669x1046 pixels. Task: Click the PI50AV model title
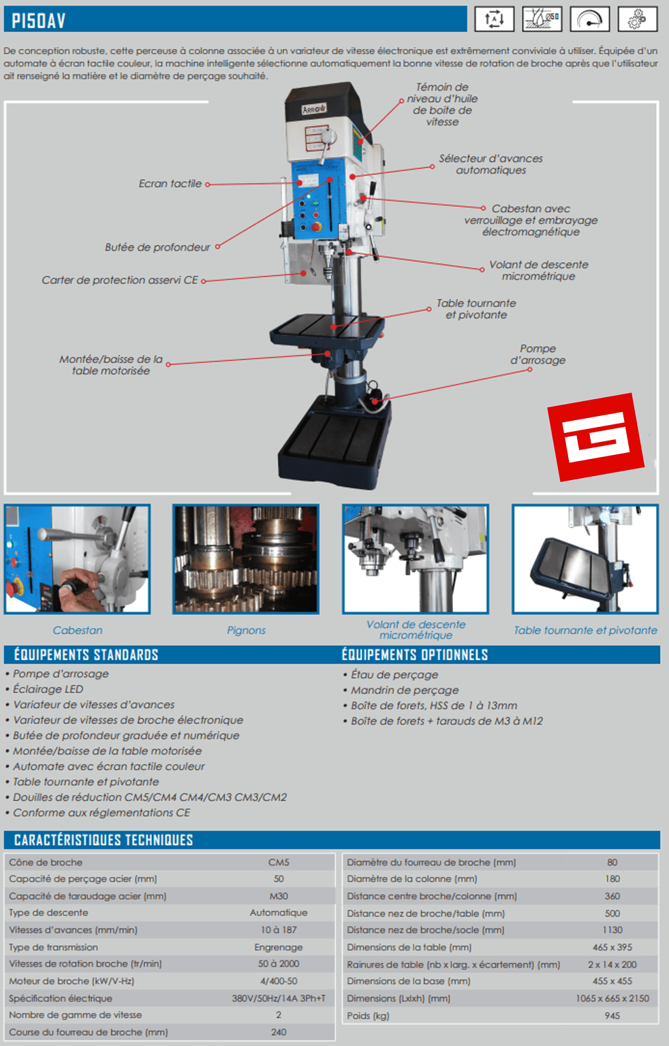(38, 20)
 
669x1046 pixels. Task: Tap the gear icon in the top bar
(637, 19)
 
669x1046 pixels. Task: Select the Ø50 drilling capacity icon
(542, 19)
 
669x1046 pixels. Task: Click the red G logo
(595, 437)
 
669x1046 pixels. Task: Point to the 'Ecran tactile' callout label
(170, 183)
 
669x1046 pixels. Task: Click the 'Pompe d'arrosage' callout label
(538, 354)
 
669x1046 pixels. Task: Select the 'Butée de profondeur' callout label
(157, 247)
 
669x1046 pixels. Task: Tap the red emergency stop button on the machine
(316, 227)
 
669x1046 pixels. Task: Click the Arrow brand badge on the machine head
(314, 109)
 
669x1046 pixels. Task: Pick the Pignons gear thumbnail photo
(246, 559)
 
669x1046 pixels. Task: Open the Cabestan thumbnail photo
(77, 559)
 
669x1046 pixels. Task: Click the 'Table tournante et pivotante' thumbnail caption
(585, 631)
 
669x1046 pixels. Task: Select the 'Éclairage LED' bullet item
(48, 689)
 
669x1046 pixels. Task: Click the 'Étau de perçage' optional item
(394, 675)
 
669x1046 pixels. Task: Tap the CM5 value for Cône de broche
(279, 863)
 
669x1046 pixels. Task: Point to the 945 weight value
(612, 1015)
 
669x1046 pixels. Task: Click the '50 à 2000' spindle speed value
(279, 964)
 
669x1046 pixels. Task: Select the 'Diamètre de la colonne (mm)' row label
(411, 879)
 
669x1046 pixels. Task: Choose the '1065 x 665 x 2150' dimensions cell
(612, 998)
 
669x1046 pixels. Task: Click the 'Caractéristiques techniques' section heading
(104, 840)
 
